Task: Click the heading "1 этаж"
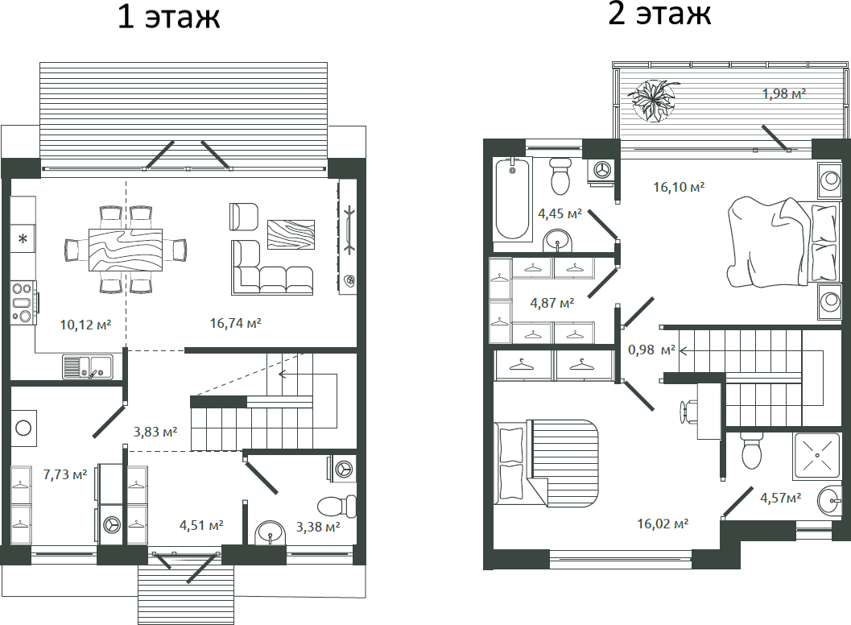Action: (169, 17)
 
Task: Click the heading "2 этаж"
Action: (659, 14)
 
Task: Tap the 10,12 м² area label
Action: (85, 325)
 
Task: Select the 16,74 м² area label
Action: (236, 324)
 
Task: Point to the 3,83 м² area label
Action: (155, 432)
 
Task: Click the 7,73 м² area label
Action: (65, 474)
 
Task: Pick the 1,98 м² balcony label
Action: (783, 93)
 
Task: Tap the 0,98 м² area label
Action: (651, 350)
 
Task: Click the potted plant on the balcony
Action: (654, 100)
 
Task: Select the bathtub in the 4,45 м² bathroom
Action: (512, 199)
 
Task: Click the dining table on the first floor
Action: (126, 249)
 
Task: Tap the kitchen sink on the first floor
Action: (88, 366)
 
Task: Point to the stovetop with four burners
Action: (23, 302)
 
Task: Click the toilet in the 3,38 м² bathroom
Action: (337, 506)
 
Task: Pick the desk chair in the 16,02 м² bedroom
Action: (688, 411)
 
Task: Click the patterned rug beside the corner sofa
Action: (291, 234)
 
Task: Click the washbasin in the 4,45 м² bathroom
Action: (557, 240)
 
